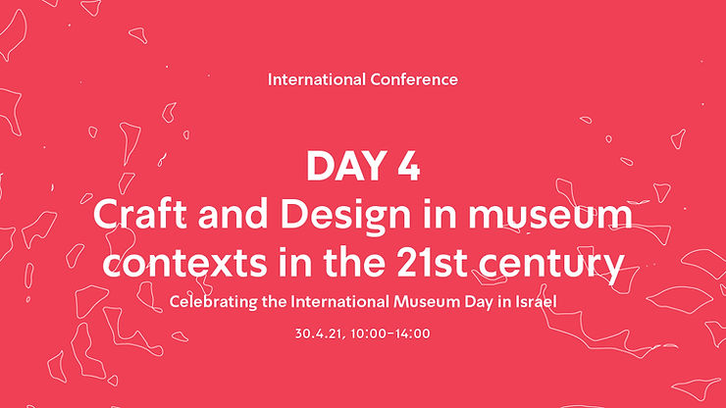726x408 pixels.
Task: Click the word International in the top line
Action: [313, 79]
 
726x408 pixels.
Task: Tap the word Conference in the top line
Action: [410, 79]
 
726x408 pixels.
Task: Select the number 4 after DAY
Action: [407, 167]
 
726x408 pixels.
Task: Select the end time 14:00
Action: [412, 333]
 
